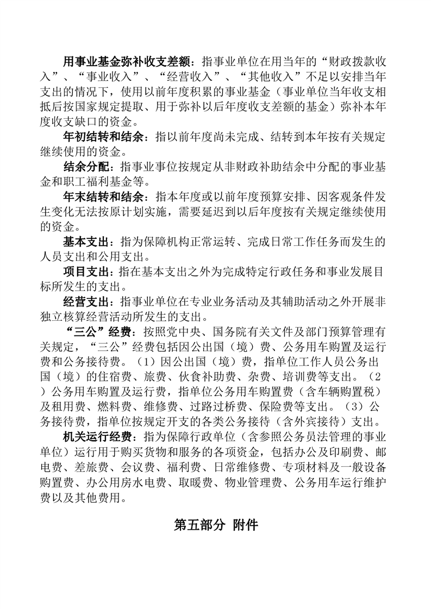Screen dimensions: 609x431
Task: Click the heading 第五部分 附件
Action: tap(215, 525)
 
